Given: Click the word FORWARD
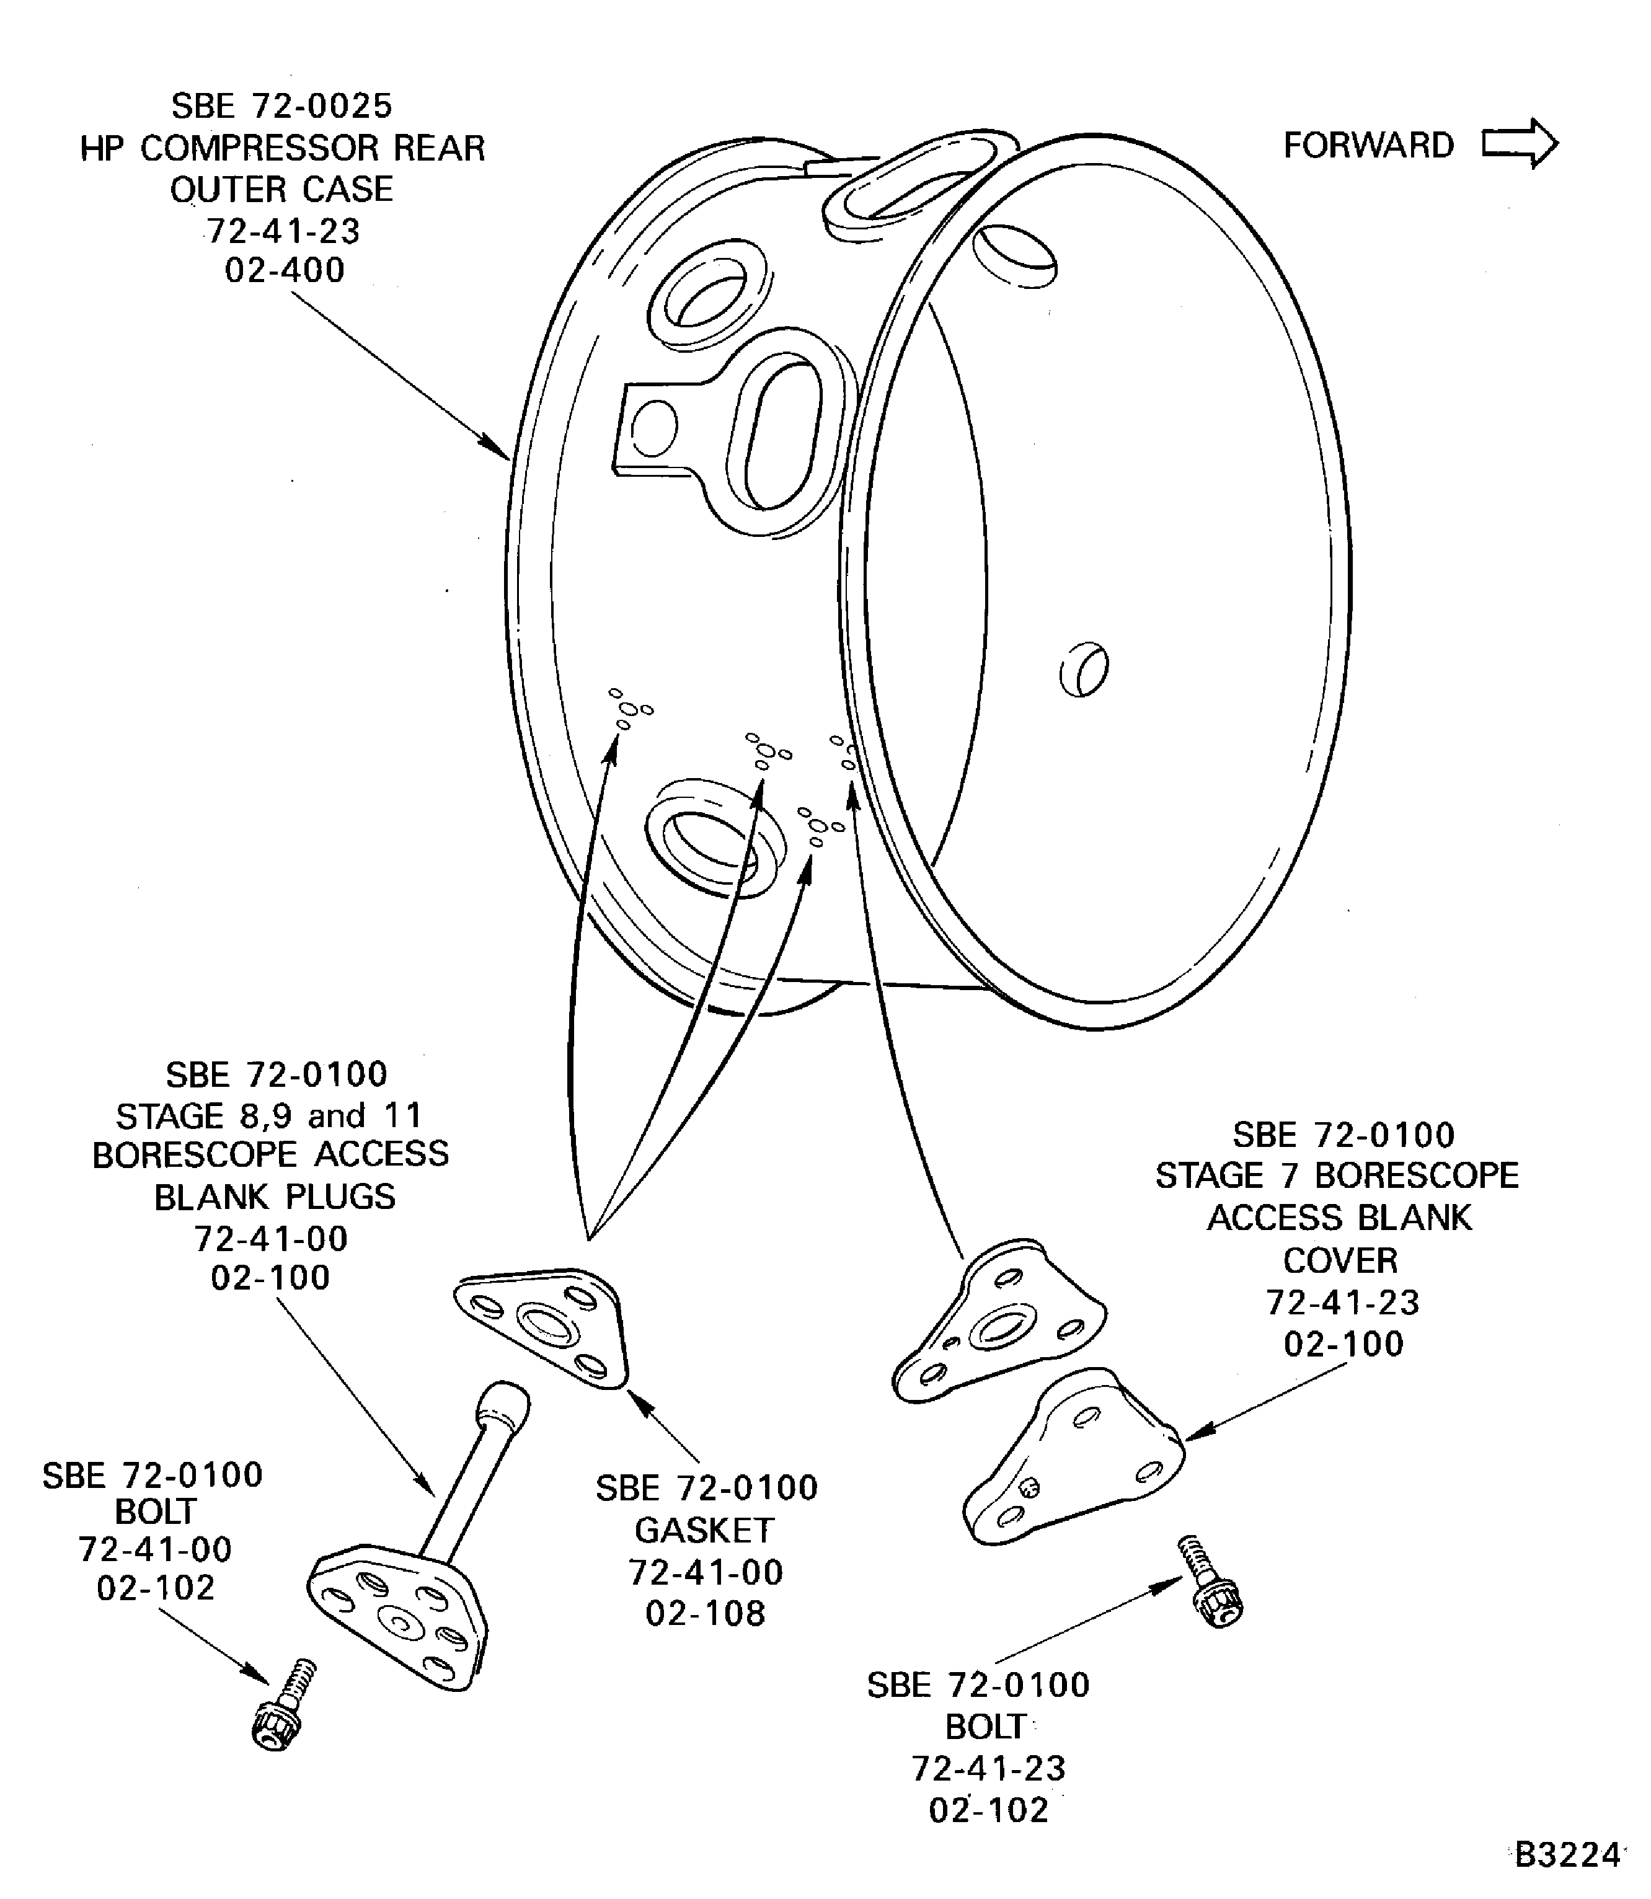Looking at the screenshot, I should (x=1368, y=146).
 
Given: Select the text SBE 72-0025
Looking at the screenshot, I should (x=282, y=106).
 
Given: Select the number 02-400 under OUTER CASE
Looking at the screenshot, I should (x=285, y=270).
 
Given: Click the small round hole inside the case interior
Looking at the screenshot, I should (x=1084, y=669).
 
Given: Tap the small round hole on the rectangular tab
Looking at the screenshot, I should (x=654, y=428).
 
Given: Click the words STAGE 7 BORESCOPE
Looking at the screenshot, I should (x=1337, y=1175).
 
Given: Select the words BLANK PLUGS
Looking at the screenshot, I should (x=275, y=1197).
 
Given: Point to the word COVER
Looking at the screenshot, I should (x=1340, y=1260).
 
